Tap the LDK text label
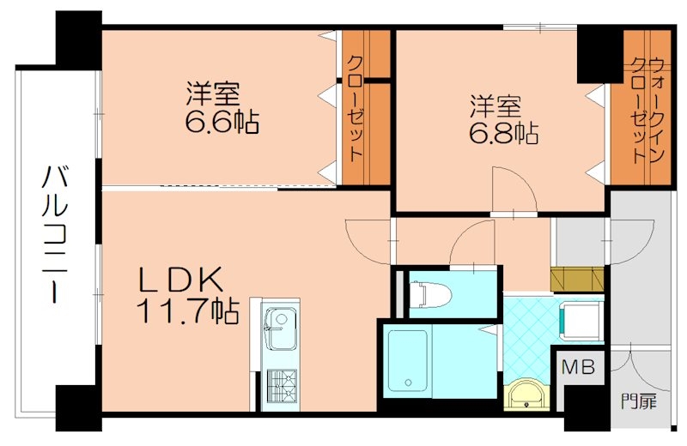(x=183, y=281)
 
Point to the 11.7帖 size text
(x=185, y=311)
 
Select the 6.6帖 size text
(x=222, y=121)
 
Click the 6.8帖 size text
(x=503, y=133)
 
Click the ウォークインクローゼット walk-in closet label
(x=646, y=108)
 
